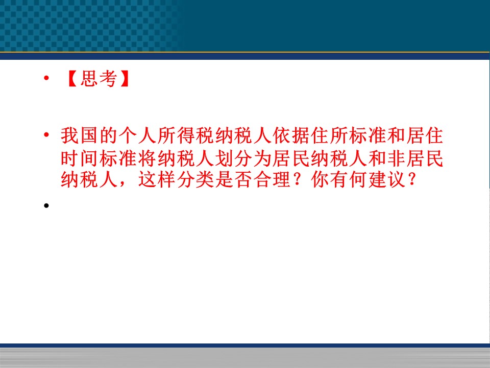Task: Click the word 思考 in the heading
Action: (99, 78)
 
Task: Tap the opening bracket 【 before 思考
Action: (72, 79)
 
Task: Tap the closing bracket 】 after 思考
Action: (125, 79)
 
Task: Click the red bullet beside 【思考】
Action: (46, 78)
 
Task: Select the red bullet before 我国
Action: (46, 135)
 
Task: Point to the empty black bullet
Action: (46, 205)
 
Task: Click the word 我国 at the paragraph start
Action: (80, 136)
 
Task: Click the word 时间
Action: (80, 158)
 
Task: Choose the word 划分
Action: (233, 158)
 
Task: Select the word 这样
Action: (157, 179)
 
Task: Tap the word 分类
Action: (195, 179)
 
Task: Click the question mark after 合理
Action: (299, 179)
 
